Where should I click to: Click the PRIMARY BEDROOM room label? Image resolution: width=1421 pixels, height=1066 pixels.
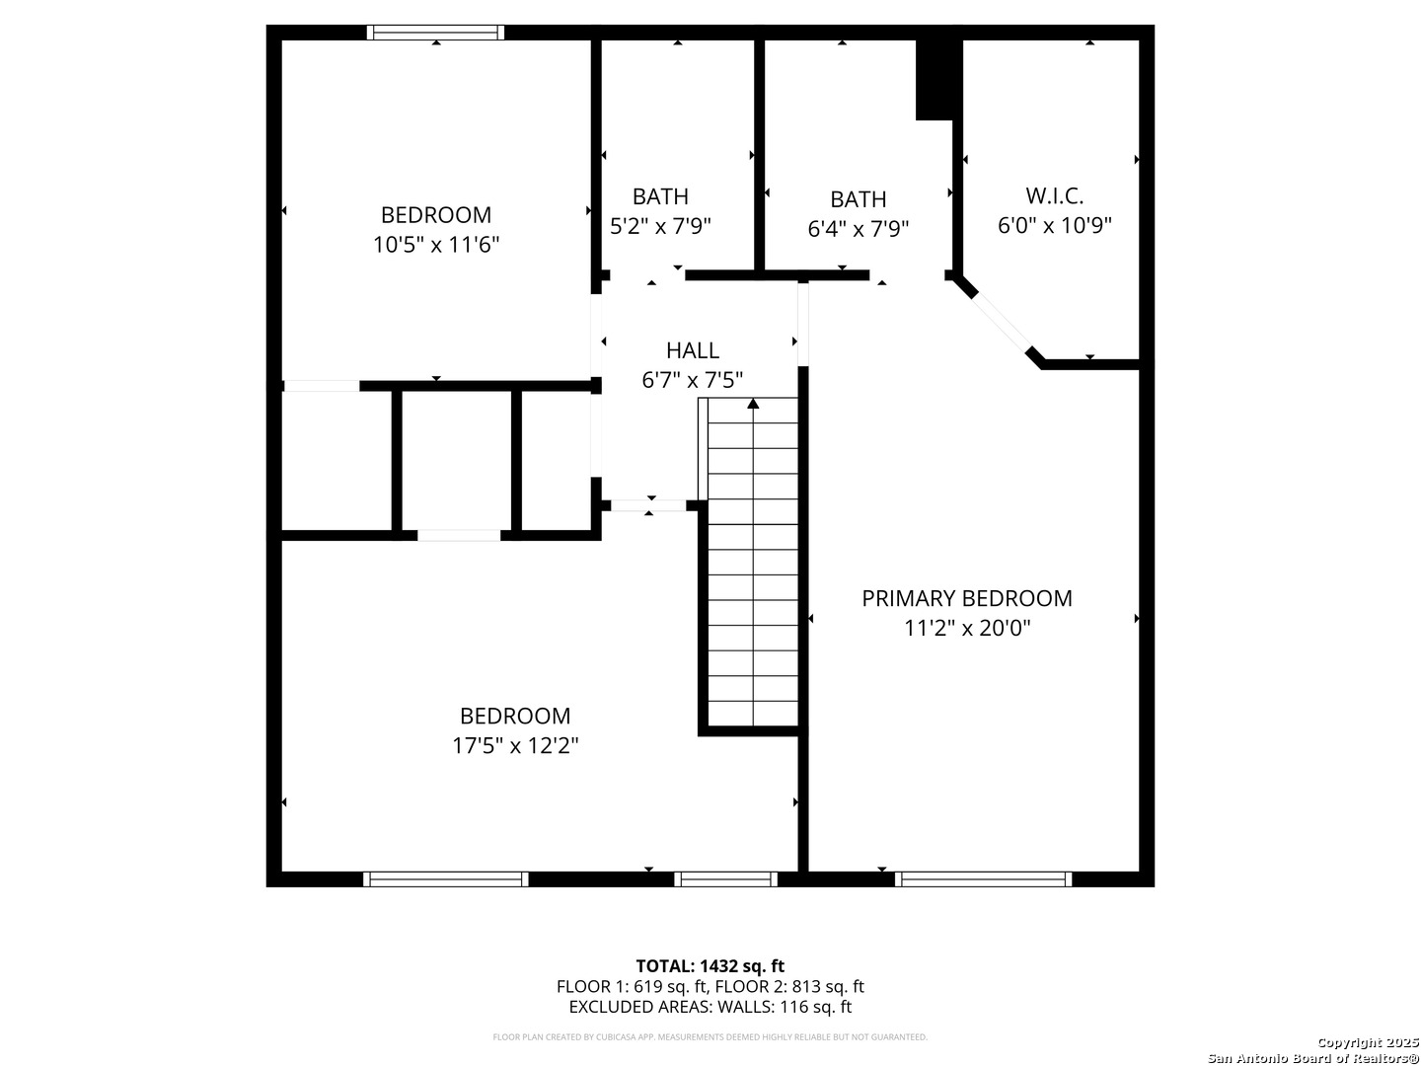[x=966, y=598]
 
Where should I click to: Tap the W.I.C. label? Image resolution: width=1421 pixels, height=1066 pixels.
[x=1054, y=195]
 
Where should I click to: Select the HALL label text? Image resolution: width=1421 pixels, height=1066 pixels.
[x=692, y=350]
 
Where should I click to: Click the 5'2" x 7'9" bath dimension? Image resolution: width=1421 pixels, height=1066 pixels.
[x=660, y=226]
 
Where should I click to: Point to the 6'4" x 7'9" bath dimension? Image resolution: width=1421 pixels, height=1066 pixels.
[x=858, y=229]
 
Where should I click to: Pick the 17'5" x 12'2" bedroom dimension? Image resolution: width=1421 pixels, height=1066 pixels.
[x=514, y=745]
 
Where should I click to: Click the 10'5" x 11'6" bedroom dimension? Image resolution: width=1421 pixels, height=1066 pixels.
[x=435, y=245]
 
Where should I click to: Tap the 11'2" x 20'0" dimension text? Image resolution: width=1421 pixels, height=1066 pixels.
[x=966, y=628]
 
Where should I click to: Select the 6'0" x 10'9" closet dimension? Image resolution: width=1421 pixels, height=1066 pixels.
[x=1054, y=225]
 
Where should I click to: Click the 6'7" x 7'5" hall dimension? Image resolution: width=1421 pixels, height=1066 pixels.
[x=692, y=380]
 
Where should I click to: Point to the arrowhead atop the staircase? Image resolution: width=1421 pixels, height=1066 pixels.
[x=753, y=403]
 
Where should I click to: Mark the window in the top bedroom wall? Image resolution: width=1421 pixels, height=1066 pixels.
[x=435, y=33]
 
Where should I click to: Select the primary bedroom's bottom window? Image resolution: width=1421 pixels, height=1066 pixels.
[x=983, y=878]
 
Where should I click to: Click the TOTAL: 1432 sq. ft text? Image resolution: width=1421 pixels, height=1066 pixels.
[x=710, y=965]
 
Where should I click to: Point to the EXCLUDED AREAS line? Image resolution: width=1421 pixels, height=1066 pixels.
[x=710, y=1007]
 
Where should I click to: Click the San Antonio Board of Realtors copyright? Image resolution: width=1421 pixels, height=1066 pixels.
[x=1313, y=1057]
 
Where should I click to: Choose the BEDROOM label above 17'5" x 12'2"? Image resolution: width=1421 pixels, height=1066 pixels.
[x=514, y=716]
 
